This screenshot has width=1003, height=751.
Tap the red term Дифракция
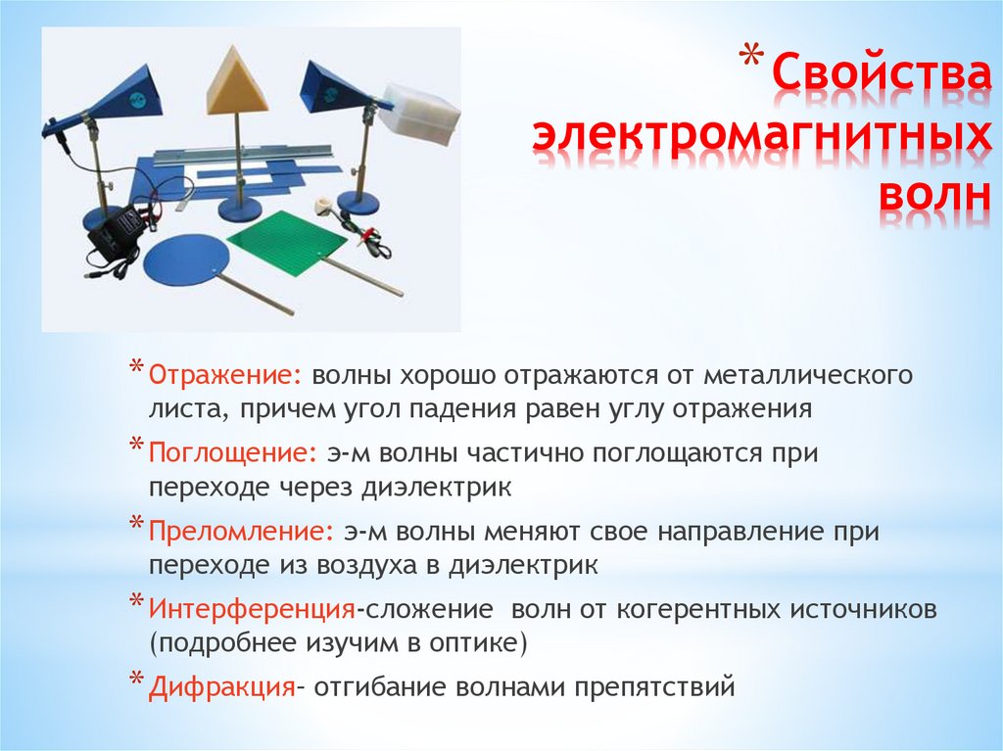[222, 687]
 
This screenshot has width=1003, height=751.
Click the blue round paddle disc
[184, 257]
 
